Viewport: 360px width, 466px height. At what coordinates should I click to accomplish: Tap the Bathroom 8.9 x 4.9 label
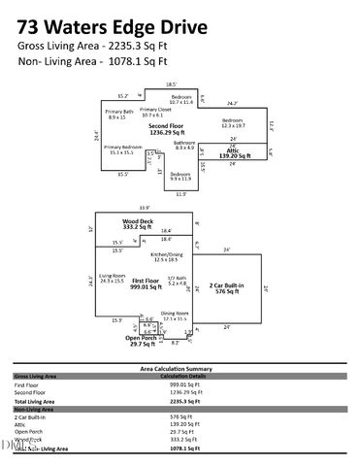point(185,145)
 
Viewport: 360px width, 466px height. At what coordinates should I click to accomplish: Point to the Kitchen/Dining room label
point(172,256)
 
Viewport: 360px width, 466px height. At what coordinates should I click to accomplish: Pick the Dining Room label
point(175,315)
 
